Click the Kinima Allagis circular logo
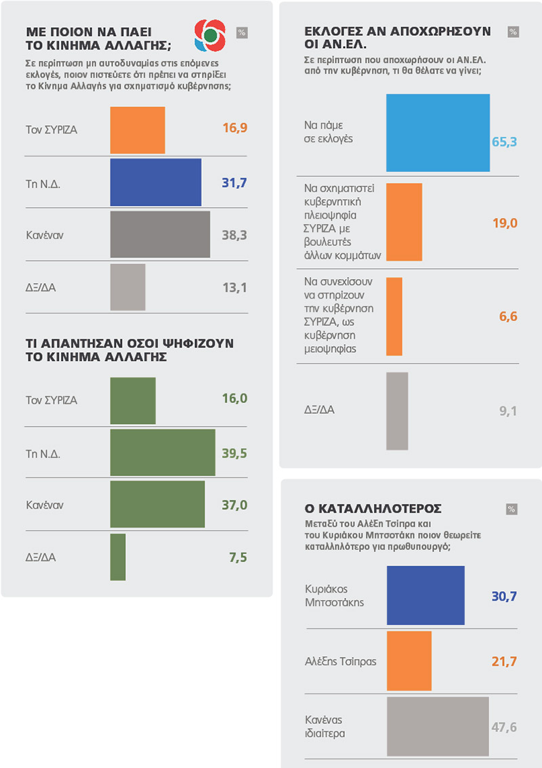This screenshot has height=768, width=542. pos(209,34)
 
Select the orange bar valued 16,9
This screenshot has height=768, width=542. pos(138,130)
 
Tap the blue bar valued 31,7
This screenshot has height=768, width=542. pos(156,182)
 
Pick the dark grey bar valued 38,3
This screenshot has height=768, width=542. pos(160,234)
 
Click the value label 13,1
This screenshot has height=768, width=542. pos(234,287)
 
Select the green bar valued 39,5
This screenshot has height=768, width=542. pos(163,452)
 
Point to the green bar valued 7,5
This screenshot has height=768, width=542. pos(118,557)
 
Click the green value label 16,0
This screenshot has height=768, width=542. pos(234,398)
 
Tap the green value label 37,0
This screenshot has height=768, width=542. pos(234,504)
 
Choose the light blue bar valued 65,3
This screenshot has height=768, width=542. pos(438,133)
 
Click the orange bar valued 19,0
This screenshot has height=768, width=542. pos(404,222)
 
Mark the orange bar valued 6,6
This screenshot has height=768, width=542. pos(394,316)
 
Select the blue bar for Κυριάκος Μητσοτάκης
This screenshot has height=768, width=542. pos(425,595)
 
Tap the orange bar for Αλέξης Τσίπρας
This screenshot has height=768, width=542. pos(409,661)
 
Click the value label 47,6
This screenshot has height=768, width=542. pos(503,727)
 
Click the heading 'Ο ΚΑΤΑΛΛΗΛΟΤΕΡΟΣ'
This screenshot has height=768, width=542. pos(373,507)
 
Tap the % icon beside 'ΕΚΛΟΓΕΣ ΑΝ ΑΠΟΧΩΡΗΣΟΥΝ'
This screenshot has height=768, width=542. pos(513,32)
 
